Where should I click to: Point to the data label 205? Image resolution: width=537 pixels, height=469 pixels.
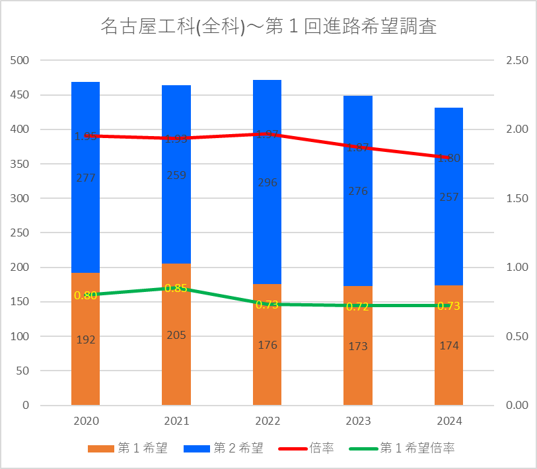(176, 336)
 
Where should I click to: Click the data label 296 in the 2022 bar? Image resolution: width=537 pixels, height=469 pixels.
(267, 182)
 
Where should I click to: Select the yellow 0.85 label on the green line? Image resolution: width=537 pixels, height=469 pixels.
(176, 288)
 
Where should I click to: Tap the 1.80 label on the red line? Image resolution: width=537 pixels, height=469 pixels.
(448, 158)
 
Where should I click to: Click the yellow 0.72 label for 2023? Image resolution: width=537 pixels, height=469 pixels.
(358, 307)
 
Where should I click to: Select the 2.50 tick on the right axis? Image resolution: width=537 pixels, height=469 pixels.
(517, 61)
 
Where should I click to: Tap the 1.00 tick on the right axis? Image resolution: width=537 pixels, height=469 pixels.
(517, 268)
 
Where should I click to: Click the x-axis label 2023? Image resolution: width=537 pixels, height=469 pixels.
(358, 421)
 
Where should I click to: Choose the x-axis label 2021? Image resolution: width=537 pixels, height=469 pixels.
(176, 421)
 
